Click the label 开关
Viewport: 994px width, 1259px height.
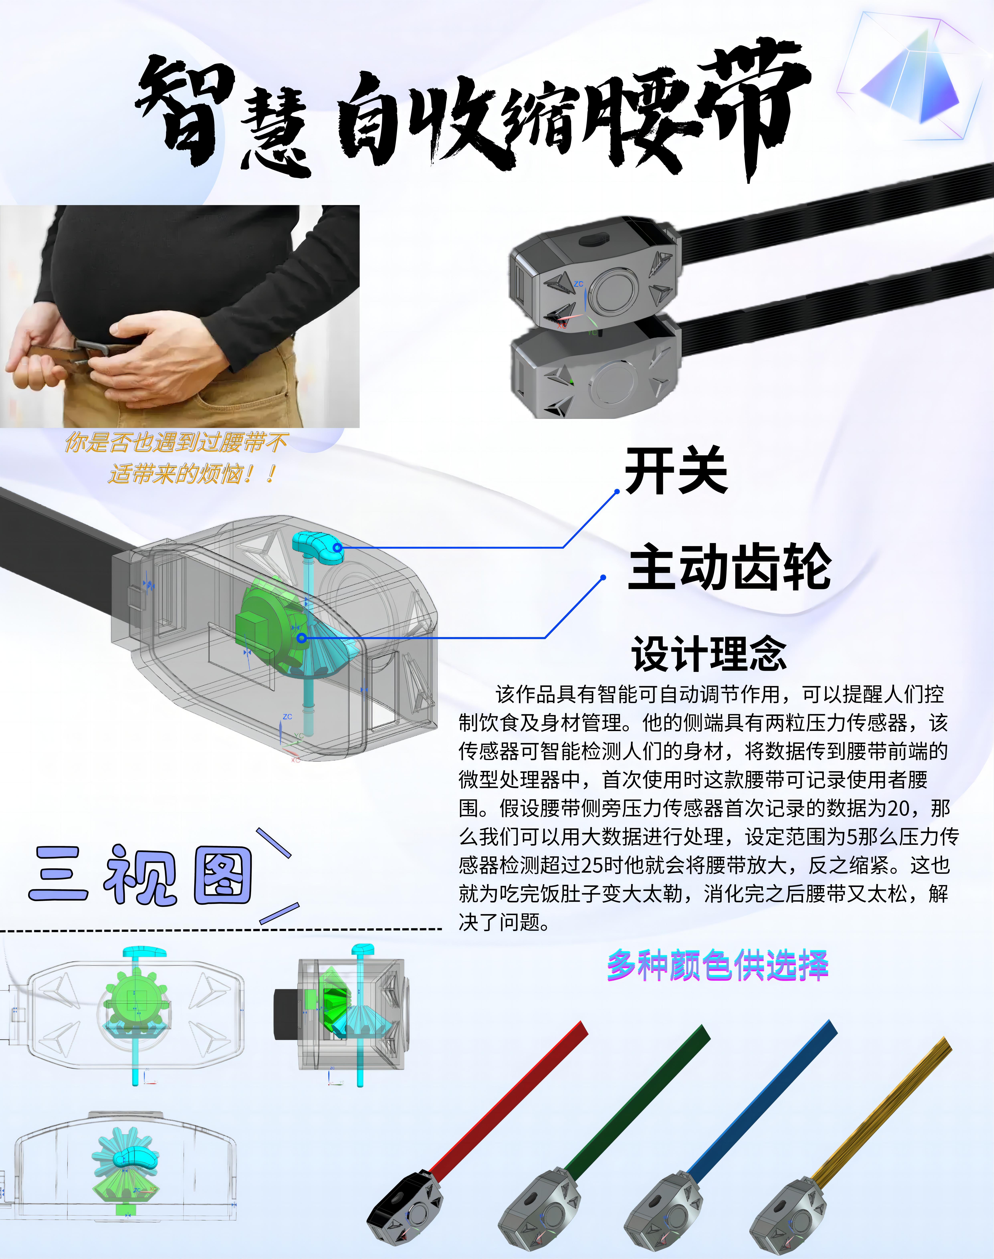pos(676,471)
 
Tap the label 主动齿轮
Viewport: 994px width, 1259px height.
pos(730,566)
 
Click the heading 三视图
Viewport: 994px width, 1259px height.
pos(140,875)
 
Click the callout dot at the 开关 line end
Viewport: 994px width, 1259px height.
pos(617,492)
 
